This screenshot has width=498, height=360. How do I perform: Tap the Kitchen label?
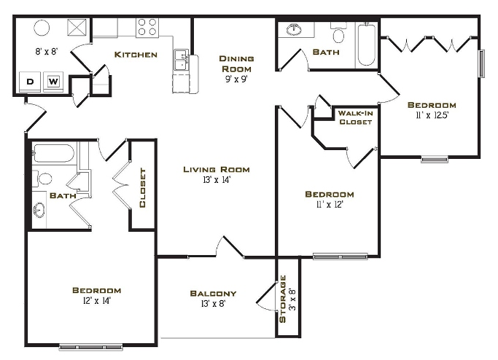tap(136, 55)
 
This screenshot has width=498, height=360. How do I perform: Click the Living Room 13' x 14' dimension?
tap(217, 180)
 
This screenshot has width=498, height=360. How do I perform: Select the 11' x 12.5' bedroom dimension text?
tap(432, 115)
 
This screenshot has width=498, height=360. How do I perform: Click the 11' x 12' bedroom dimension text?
tap(329, 206)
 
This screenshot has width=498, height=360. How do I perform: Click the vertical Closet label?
tap(143, 188)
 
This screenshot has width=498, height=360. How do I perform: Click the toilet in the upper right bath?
tap(338, 35)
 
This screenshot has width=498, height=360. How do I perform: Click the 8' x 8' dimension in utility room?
tap(46, 51)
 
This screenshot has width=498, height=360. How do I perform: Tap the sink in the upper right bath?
tap(295, 30)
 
